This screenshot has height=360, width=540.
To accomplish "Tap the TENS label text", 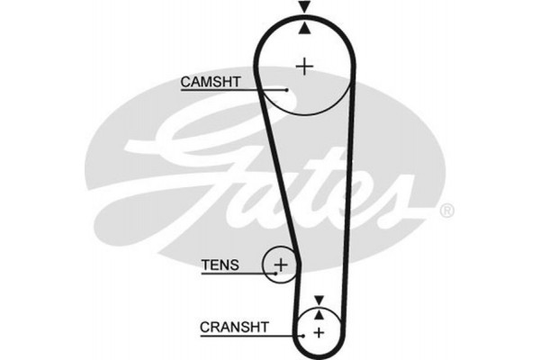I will pyautogui.click(x=220, y=265).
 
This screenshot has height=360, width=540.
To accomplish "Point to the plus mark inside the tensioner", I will pyautogui.click(x=281, y=265).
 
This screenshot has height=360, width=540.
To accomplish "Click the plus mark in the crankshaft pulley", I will pyautogui.click(x=318, y=333).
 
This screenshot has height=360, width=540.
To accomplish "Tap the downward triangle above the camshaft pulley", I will pyautogui.click(x=306, y=7).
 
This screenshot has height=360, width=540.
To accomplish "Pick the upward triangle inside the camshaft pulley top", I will pyautogui.click(x=306, y=27).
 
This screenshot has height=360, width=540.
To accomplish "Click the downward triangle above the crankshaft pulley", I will pyautogui.click(x=318, y=298).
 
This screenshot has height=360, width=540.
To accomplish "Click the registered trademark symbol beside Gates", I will pyautogui.click(x=446, y=211).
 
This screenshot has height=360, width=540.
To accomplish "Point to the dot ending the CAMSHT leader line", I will pyautogui.click(x=286, y=90).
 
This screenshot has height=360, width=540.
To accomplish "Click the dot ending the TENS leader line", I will pyautogui.click(x=270, y=273).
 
